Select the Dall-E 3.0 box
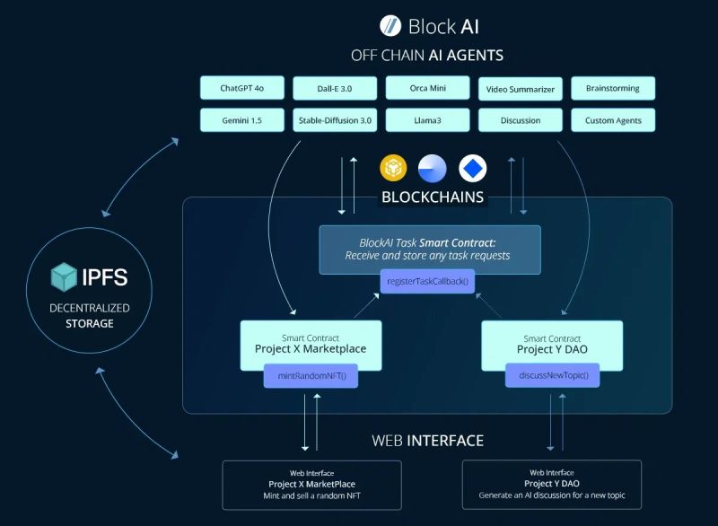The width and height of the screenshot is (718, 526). (335, 88)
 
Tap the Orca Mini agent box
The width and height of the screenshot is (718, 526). (427, 88)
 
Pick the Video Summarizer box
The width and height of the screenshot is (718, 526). (521, 89)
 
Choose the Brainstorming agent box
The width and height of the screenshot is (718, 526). (613, 88)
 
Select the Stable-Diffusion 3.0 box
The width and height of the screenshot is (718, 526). (335, 120)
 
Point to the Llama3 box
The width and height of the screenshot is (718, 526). (427, 120)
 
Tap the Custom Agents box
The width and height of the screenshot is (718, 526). (613, 120)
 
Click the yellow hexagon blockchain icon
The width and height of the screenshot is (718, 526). (393, 168)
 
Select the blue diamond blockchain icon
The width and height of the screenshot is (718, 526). (472, 168)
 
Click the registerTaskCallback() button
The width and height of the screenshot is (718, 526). (428, 282)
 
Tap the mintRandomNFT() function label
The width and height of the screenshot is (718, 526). (311, 376)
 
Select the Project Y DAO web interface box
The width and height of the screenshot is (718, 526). (552, 485)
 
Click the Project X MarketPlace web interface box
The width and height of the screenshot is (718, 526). (311, 485)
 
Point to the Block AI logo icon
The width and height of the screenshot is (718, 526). (390, 25)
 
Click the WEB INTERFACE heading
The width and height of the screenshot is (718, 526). (428, 441)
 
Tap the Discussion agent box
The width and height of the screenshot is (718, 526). (521, 120)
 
